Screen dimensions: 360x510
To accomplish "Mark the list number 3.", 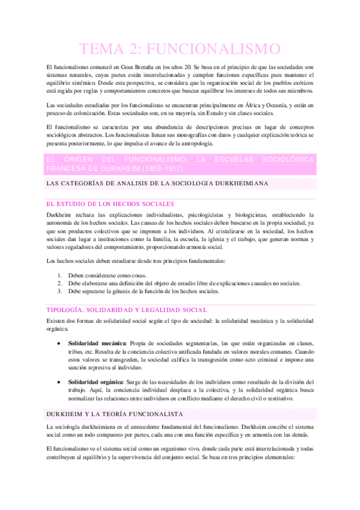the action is [59, 291].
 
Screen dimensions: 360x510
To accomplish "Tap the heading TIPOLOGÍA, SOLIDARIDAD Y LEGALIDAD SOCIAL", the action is [126, 310].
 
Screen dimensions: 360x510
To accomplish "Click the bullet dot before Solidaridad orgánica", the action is [58, 381].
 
